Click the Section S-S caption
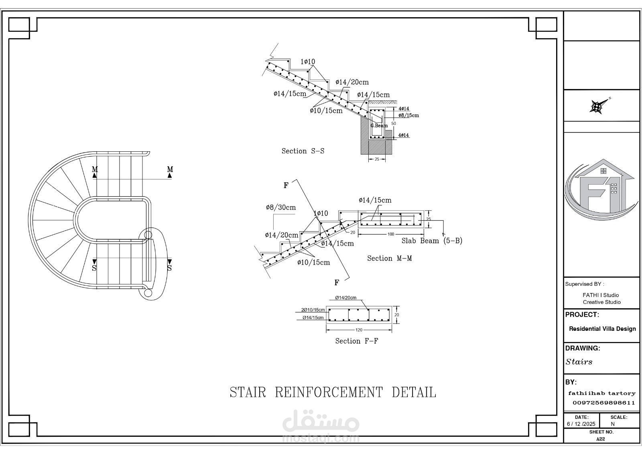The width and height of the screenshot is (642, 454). pos(303,151)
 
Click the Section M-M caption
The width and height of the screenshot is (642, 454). pos(389,259)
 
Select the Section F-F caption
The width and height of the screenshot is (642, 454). pos(357,341)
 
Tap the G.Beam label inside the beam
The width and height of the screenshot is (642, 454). pos(379,126)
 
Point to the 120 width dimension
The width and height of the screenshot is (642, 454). pos(359,330)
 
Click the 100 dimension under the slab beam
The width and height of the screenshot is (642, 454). pos(390,234)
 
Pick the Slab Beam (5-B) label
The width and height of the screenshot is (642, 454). pos(432,241)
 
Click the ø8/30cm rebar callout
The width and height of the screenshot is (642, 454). pos(280,208)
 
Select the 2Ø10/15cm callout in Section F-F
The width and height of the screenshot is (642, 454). pos(313,310)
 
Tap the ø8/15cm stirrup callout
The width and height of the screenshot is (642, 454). pos(408,115)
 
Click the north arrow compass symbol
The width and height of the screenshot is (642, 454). pos(597,106)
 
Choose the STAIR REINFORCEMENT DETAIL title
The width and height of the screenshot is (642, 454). pos(333,392)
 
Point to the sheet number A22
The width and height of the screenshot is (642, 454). pos(601,439)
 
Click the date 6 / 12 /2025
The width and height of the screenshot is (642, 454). pos(581,424)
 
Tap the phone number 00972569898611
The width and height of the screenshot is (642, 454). pos(603,403)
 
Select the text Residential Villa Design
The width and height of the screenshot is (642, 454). pos(602,329)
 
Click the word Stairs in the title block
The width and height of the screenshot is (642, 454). pos(579,362)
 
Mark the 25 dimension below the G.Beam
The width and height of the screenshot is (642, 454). pos(377,159)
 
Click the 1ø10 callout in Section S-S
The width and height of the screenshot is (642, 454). pos(308,62)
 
